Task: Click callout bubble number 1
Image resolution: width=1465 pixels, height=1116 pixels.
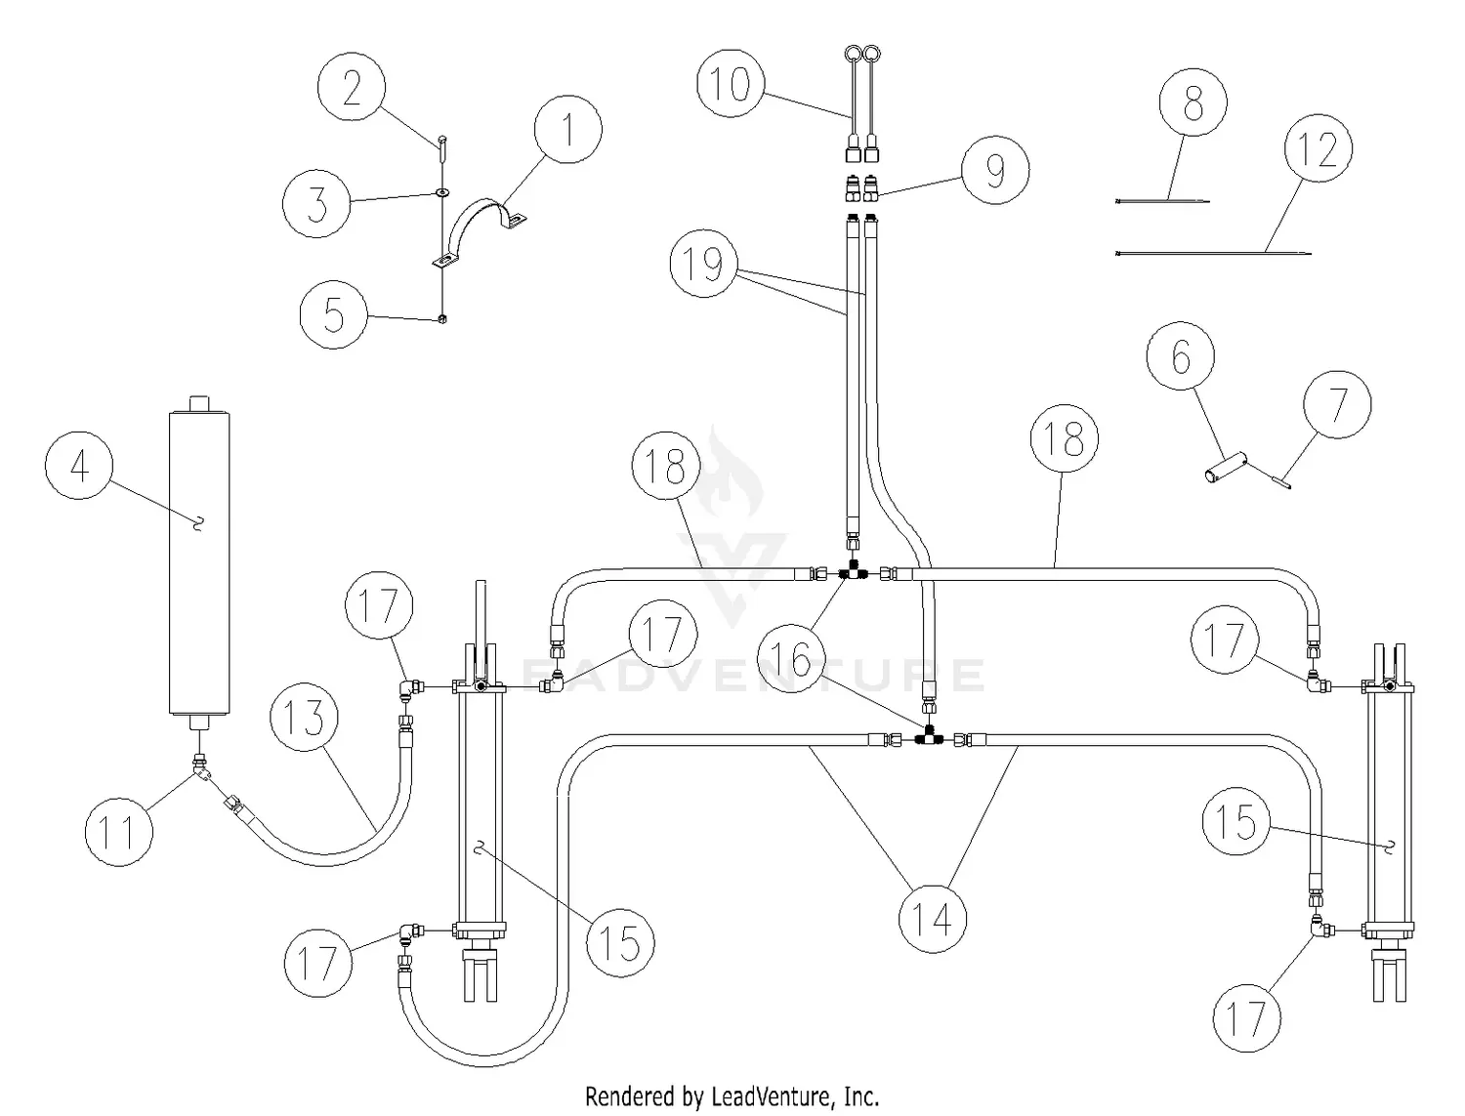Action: coord(567,129)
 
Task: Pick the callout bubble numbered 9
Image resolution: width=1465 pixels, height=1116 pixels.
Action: coord(995,170)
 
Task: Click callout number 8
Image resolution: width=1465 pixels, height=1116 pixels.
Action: coord(1193,102)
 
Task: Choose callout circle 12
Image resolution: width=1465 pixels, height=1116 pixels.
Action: coord(1318,149)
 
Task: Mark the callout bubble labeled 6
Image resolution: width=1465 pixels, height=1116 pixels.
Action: coord(1181,357)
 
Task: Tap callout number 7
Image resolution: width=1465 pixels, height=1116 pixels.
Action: coord(1337,404)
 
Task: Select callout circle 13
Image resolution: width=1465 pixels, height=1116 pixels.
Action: coord(305,718)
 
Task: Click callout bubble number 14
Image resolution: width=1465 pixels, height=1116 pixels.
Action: coord(933,918)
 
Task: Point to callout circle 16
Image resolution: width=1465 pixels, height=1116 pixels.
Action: coord(798,660)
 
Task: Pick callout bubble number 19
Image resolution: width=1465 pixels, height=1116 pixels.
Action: coord(703,264)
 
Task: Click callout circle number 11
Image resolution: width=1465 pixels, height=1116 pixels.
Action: coord(119,832)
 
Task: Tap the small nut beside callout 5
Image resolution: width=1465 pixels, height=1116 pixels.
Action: coord(442,318)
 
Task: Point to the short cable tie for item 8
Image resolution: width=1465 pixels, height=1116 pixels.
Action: coord(1162,202)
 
